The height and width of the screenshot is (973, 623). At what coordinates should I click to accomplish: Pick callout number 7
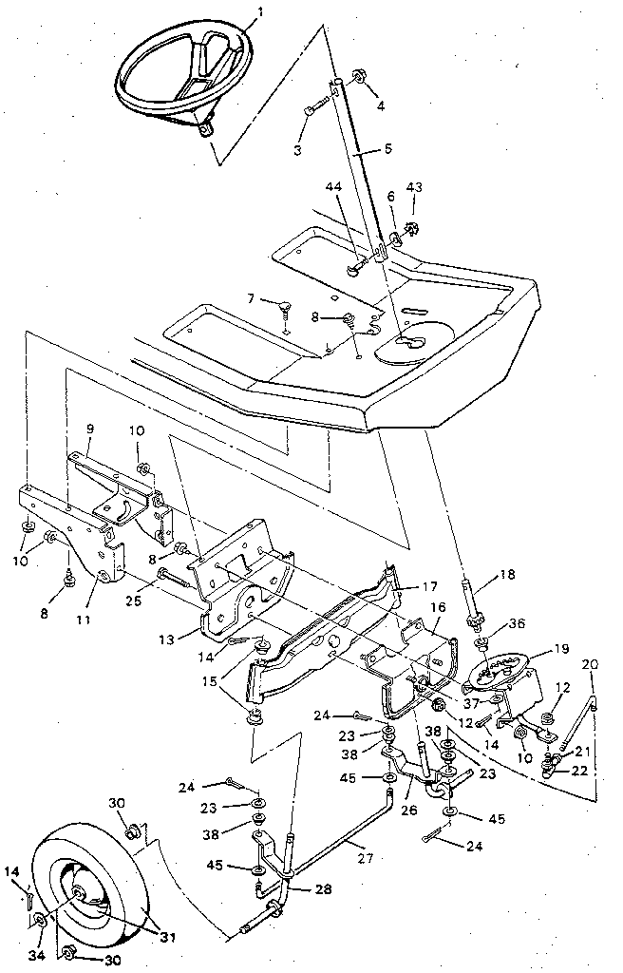[x=250, y=298]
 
